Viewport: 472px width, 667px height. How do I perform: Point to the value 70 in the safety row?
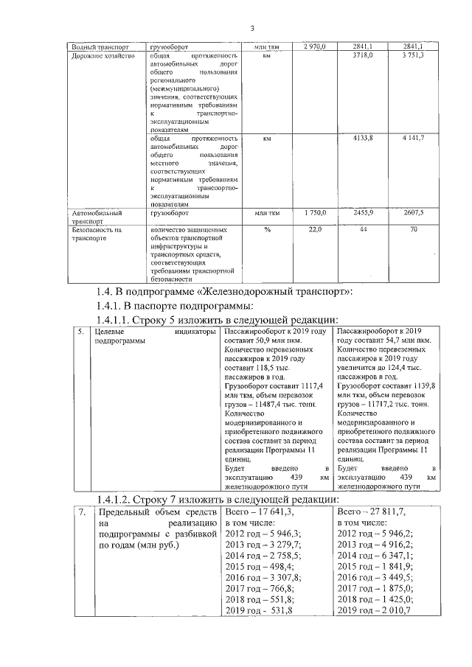414,231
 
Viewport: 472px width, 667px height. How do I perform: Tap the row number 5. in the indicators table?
83,333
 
